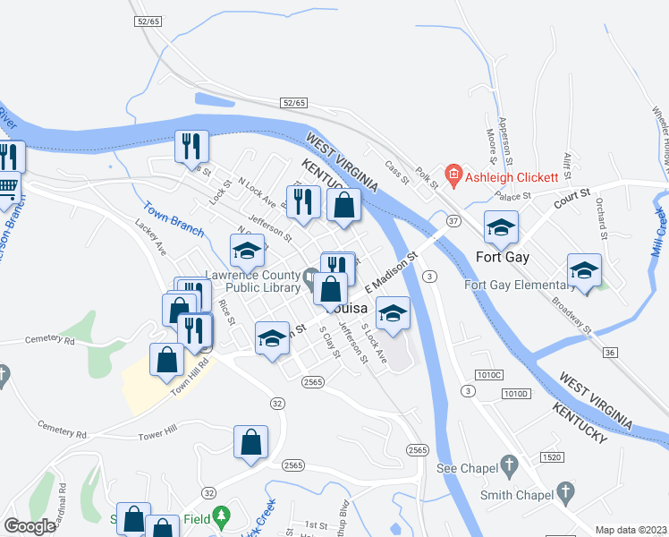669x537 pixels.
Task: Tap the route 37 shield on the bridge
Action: click(453, 221)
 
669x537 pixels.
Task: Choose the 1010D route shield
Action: click(515, 394)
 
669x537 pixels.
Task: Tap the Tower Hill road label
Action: click(159, 435)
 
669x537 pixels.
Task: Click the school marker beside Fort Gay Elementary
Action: click(584, 270)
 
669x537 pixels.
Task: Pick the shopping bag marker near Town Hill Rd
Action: click(167, 361)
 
